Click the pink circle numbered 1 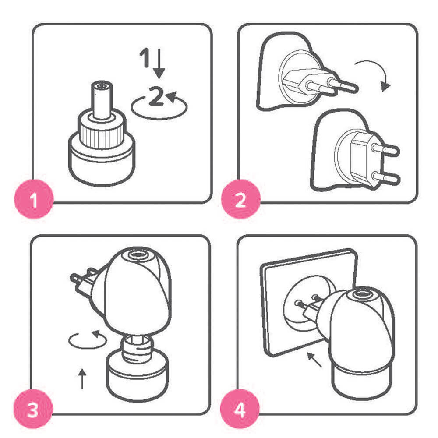(34, 199)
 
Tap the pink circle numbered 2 (240, 199)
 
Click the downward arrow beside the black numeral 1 (159, 64)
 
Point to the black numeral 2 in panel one (156, 96)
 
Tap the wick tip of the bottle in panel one (102, 86)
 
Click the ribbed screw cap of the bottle (102, 131)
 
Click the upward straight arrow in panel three (82, 378)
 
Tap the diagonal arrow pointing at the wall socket (314, 360)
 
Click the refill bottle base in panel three (137, 375)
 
